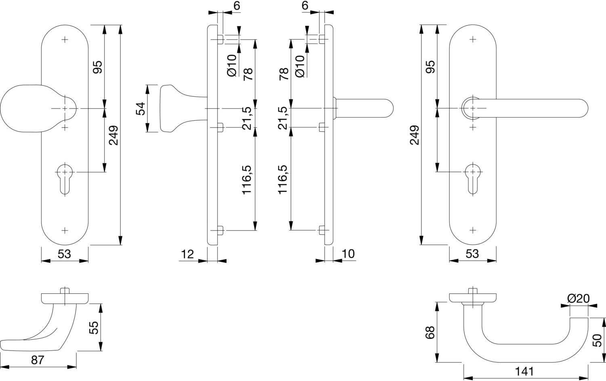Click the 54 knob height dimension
coord(141,109)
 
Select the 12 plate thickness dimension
coord(187,254)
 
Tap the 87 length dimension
coord(37,360)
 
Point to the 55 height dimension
coord(94,327)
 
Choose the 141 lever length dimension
coord(524,372)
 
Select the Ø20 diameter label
coord(579,299)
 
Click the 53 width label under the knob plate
coord(64,254)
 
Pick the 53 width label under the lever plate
coord(472,254)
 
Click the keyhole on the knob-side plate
coord(65,179)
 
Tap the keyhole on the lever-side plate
coord(473,179)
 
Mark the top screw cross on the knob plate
coord(65,40)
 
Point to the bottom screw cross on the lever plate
coord(473,230)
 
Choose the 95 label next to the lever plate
coord(430,67)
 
